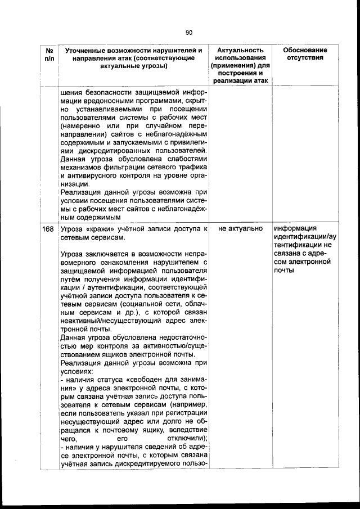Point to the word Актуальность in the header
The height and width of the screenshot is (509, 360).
241,51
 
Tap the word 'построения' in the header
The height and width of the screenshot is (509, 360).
241,73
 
